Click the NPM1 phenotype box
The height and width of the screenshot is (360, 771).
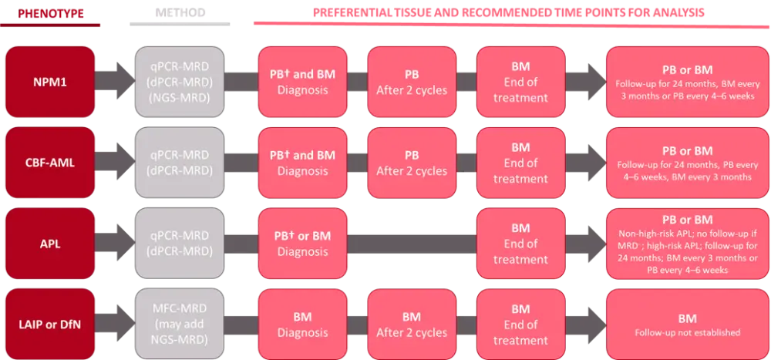[50, 81]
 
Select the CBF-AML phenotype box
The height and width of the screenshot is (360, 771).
[50, 163]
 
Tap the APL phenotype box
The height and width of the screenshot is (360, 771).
[50, 244]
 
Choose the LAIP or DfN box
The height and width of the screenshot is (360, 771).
[50, 325]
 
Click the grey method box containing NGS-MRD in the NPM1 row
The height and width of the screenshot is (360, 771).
[179, 81]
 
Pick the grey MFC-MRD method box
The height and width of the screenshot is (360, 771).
[179, 325]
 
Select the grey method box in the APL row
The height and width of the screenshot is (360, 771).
[179, 244]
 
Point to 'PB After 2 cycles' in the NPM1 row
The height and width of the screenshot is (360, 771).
[412, 81]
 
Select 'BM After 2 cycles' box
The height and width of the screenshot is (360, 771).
[412, 325]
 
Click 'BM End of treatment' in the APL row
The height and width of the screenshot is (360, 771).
[520, 244]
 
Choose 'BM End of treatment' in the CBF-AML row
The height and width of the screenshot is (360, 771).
[520, 163]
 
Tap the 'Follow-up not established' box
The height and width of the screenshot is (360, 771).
[687, 325]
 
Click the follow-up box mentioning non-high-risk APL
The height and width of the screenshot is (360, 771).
[687, 244]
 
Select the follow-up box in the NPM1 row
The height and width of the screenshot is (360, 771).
[687, 81]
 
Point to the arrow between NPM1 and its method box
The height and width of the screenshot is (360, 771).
[115, 81]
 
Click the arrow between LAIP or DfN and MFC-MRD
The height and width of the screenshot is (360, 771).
[115, 325]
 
